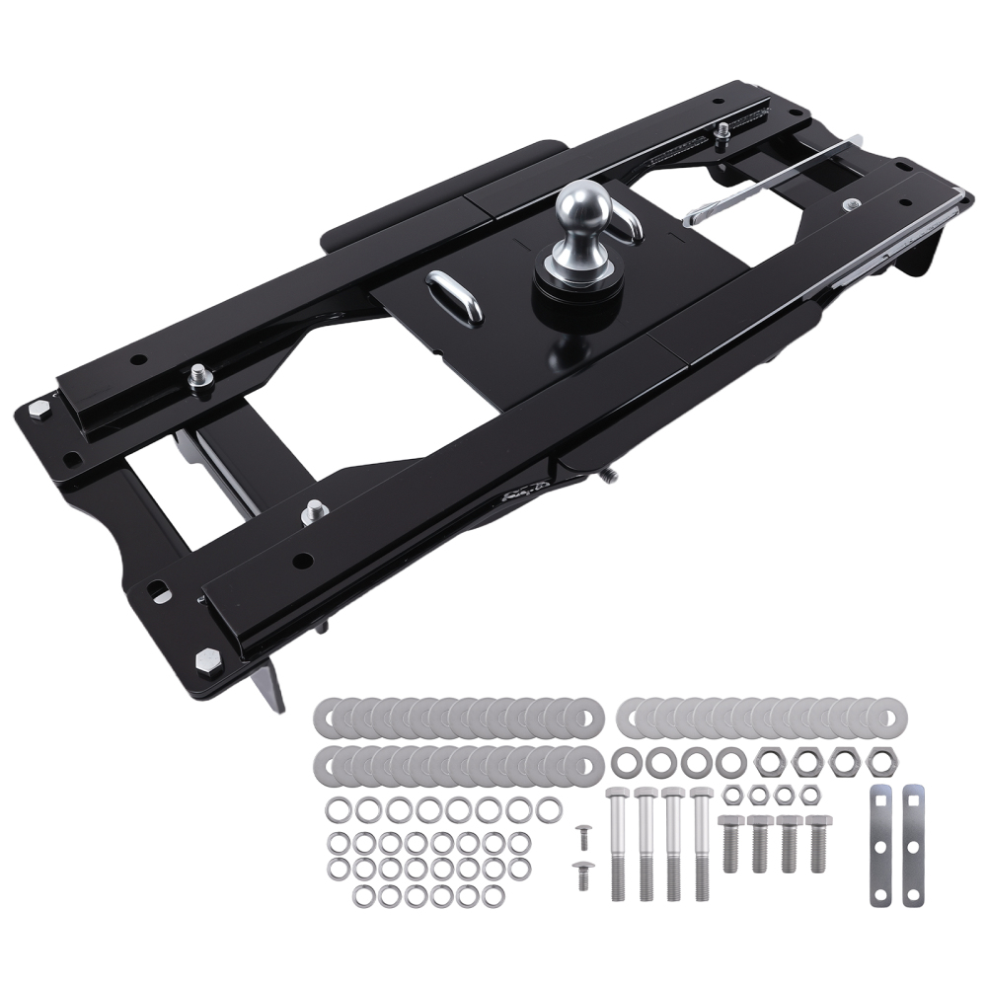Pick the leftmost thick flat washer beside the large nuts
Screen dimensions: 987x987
point(624,762)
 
